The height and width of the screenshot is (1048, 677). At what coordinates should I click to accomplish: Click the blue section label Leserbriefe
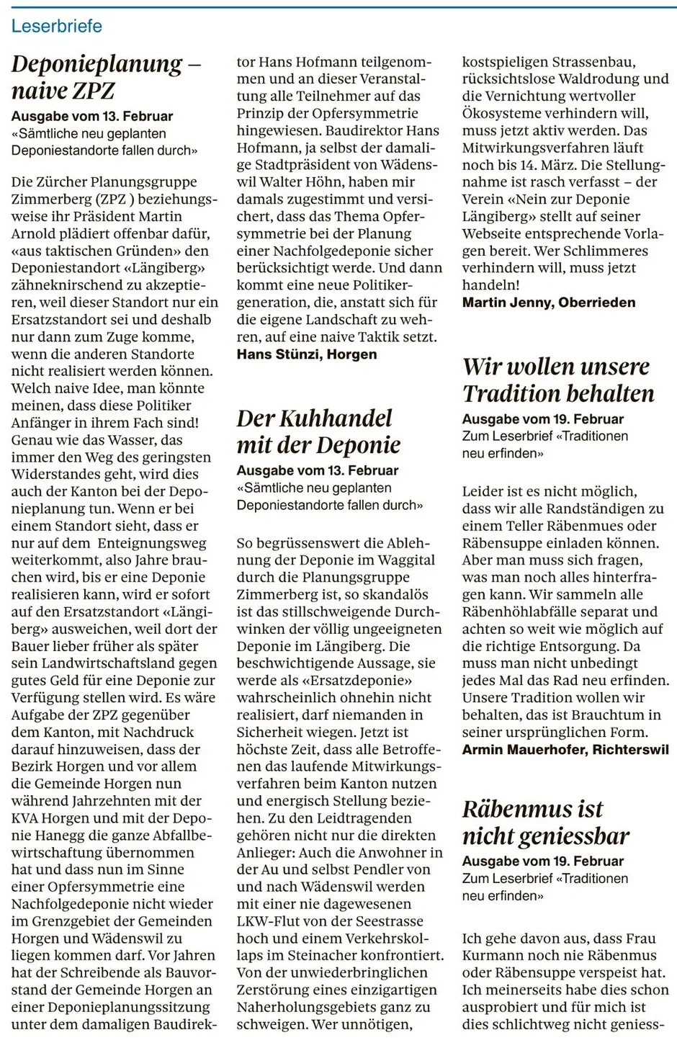point(56,26)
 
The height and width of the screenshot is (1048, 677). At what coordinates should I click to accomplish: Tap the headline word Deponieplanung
point(97,64)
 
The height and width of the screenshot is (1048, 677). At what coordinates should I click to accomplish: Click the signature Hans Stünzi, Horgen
point(307,354)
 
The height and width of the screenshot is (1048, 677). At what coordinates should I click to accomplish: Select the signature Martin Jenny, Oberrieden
point(549,303)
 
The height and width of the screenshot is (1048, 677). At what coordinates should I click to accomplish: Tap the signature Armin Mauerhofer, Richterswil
point(565,750)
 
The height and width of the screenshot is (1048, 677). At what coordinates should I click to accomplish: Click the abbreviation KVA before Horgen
point(27,818)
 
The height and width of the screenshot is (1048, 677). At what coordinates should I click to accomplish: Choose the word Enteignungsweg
point(151,544)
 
